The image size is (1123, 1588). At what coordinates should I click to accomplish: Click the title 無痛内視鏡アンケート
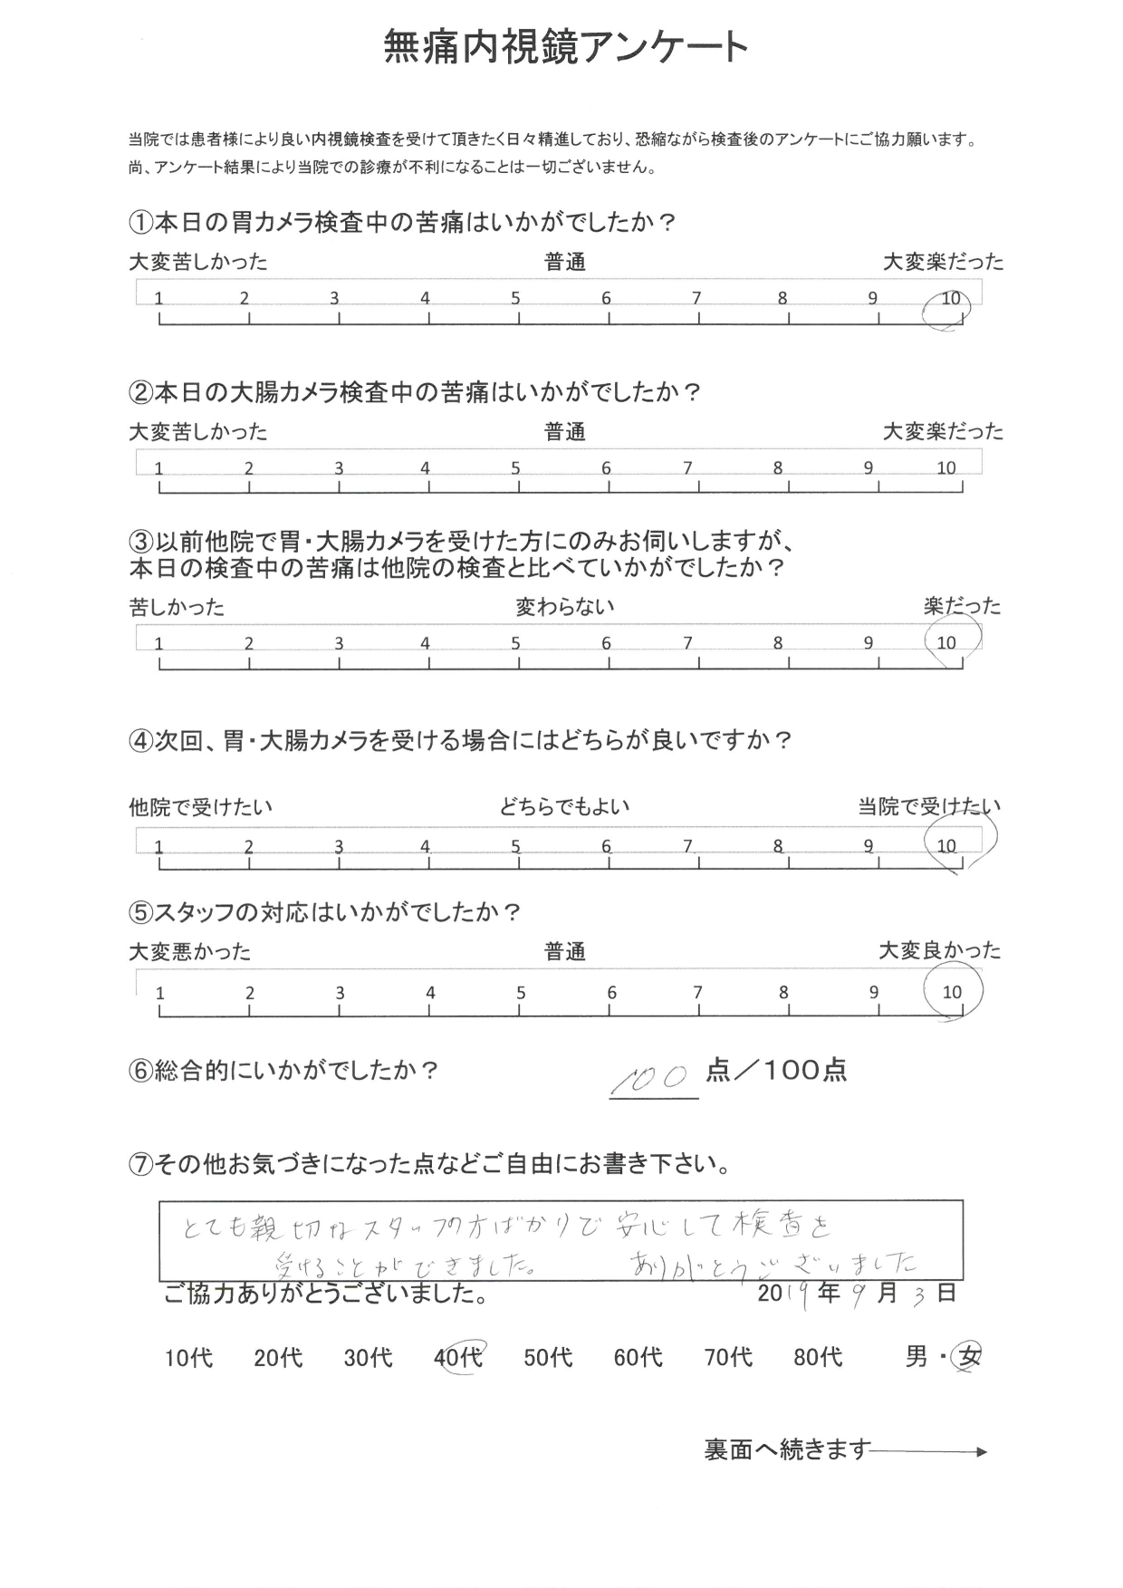coord(566,47)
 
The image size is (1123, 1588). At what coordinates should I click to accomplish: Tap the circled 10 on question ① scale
coord(948,300)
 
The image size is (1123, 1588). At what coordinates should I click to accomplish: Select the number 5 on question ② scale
coord(515,468)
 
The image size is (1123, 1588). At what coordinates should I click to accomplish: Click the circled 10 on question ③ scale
coord(946,643)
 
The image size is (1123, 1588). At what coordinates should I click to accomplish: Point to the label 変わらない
coord(564,606)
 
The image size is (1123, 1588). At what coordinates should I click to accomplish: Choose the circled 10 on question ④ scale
coord(947,846)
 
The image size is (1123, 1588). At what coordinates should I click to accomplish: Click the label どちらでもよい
coord(564,806)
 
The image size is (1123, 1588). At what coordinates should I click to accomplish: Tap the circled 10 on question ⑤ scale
coord(952,992)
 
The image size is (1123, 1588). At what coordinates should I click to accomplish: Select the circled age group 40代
coord(458,1358)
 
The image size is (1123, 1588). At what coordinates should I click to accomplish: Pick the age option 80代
coord(818,1358)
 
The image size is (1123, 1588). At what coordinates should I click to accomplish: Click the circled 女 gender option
coord(970,1358)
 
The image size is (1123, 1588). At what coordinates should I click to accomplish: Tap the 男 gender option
coord(916,1358)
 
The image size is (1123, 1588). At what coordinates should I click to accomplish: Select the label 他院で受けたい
coord(200,806)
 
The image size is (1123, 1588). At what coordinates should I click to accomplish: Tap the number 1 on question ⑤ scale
coord(160,993)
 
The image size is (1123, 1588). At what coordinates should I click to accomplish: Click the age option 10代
coord(189,1358)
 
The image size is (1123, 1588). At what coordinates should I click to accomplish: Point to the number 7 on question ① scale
coord(696,298)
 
